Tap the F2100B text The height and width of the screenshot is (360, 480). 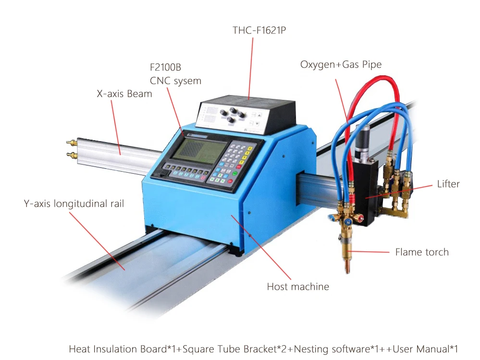tap(165, 67)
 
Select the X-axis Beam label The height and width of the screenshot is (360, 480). tap(124, 94)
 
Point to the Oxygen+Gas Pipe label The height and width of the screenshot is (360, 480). tap(341, 64)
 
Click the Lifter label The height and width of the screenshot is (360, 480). tap(448, 184)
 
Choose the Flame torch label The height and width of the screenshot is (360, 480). tap(421, 252)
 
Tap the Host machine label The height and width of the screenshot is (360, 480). tap(298, 287)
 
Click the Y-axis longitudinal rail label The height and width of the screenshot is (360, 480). tap(74, 204)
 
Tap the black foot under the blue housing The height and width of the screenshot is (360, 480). tap(235, 252)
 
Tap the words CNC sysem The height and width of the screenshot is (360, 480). tap(175, 81)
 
